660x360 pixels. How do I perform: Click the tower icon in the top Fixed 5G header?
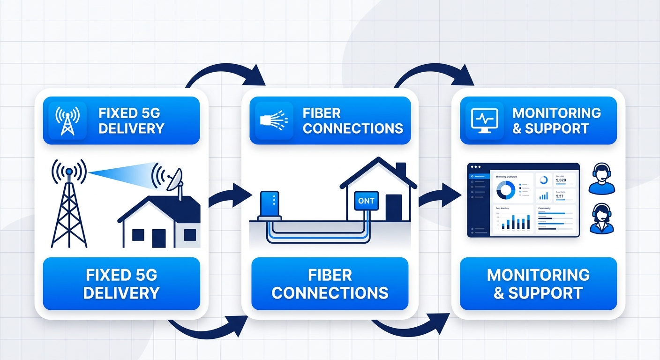tap(67, 121)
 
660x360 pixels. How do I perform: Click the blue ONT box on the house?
tap(366, 201)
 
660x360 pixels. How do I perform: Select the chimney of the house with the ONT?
tap(401, 169)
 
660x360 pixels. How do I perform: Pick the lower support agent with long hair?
tap(601, 219)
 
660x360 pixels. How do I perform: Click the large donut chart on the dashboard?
tap(506, 189)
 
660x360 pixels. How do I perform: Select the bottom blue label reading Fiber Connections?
tap(330, 284)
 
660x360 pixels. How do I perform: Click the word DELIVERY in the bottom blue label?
tap(121, 293)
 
